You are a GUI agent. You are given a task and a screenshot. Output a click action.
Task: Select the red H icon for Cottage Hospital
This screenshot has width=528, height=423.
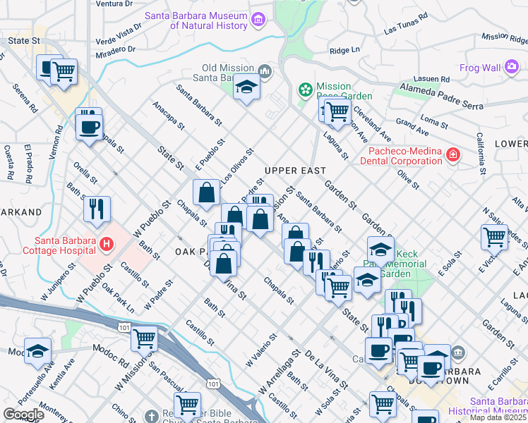click(106, 245)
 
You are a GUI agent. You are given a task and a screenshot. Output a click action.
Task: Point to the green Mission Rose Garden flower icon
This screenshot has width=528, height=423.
click(306, 90)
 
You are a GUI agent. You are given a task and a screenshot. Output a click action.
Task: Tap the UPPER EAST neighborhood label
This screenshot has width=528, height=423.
click(295, 171)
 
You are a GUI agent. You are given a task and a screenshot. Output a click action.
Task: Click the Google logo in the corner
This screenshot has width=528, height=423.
click(24, 414)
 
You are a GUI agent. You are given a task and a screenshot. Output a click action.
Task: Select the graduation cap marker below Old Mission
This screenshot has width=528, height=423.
click(246, 87)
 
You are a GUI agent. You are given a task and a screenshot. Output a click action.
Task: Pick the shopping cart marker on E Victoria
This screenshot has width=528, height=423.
click(494, 237)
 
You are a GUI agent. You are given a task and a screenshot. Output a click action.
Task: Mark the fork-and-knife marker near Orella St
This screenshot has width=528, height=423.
click(97, 208)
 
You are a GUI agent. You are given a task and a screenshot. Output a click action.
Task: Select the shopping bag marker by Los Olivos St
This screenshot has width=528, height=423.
click(205, 192)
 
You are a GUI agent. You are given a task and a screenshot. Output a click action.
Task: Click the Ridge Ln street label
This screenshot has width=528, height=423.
click(345, 51)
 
